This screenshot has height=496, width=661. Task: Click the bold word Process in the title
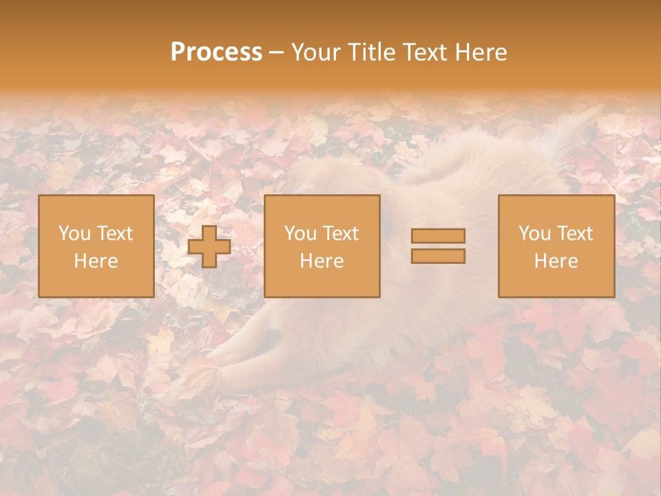point(216,52)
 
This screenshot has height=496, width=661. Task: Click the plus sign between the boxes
point(209,246)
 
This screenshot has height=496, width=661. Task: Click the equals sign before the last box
point(438,246)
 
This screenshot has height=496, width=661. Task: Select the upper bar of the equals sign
point(438,236)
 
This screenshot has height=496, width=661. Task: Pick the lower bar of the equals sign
point(438,256)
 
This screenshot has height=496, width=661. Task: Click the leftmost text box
point(96,246)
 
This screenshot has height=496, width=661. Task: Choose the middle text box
point(322,246)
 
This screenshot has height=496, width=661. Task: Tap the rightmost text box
point(556,246)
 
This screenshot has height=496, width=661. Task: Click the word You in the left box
point(74,234)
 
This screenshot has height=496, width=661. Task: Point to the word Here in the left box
point(96,261)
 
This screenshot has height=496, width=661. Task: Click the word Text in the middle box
point(341,234)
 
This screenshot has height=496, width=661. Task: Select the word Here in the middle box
point(322,261)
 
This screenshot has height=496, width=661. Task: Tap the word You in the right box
point(534,234)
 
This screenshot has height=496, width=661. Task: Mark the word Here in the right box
point(556,261)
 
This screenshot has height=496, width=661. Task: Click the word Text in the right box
point(575,234)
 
